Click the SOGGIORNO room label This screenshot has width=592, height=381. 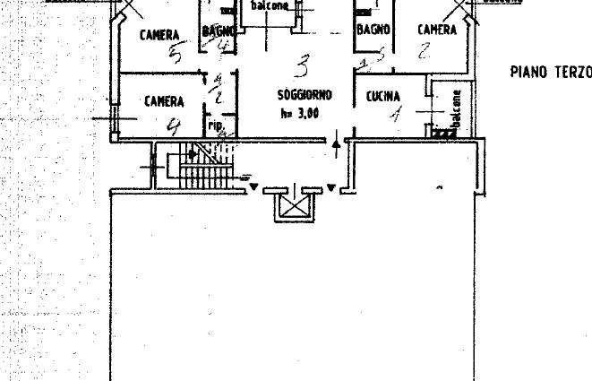(305, 95)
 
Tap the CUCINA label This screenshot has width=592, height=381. (382, 96)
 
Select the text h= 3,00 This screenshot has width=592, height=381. (299, 114)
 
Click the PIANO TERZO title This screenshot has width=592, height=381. (550, 72)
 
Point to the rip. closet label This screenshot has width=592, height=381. (216, 126)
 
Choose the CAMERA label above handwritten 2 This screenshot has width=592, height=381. (437, 30)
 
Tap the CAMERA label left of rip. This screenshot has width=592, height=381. (164, 102)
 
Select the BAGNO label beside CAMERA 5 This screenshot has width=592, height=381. (219, 32)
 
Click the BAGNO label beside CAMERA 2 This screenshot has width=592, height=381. (373, 30)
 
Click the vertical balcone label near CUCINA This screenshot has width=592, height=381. (456, 112)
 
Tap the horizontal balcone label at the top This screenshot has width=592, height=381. (269, 4)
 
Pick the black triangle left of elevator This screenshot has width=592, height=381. (255, 187)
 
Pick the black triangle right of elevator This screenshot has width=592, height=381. (331, 187)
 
